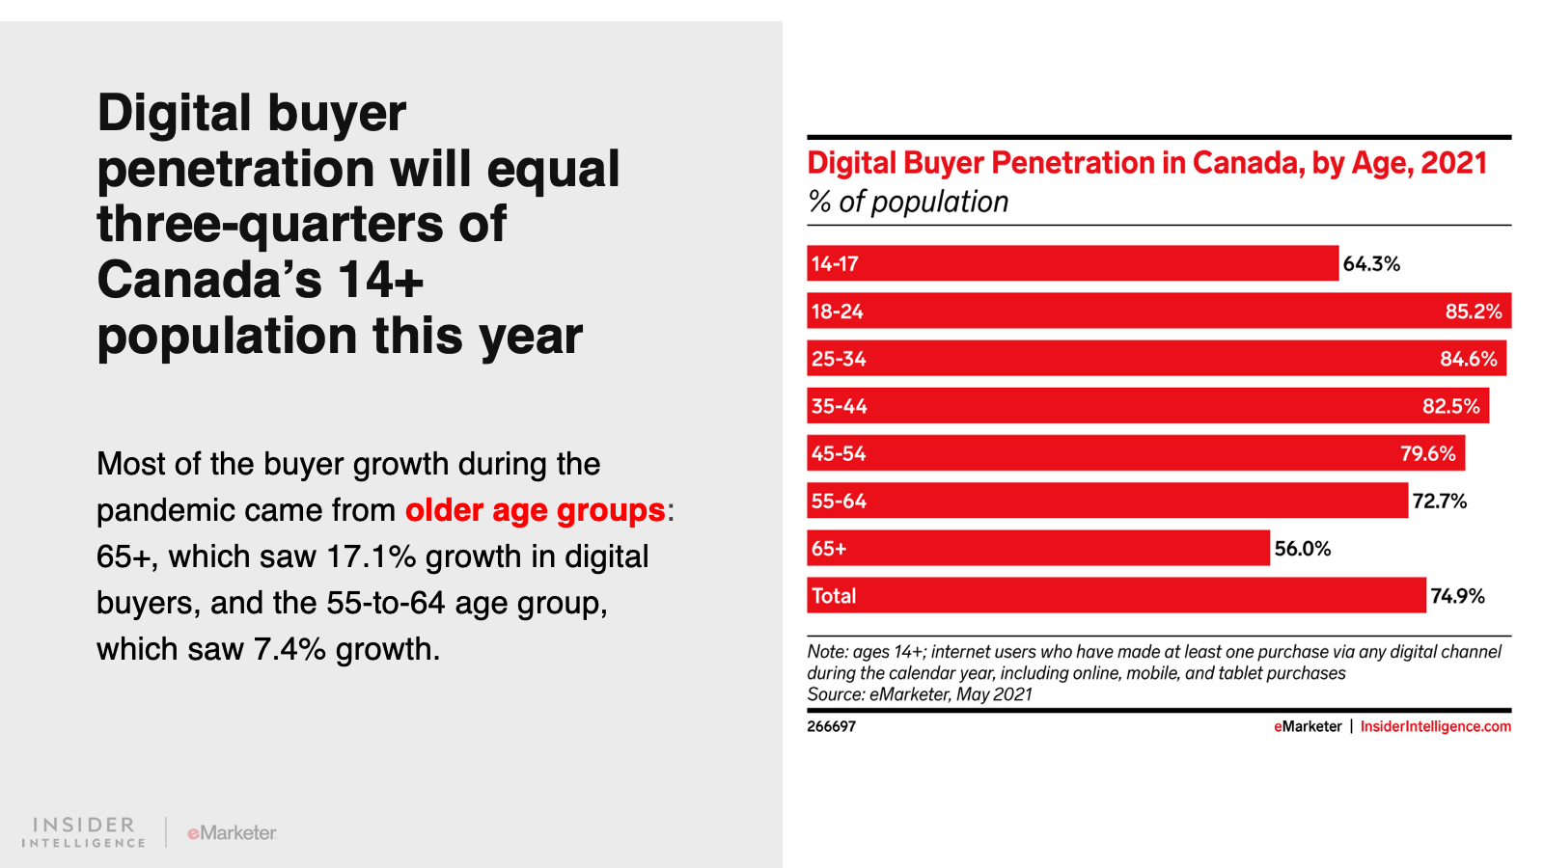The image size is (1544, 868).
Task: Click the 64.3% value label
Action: [x=1371, y=264]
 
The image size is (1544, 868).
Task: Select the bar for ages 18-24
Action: [x=1158, y=311]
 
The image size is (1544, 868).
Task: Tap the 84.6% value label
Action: [x=1468, y=359]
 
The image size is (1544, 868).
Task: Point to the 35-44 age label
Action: [x=839, y=406]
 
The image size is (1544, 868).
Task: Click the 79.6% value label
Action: [x=1427, y=453]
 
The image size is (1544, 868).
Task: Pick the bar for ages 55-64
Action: [x=1107, y=501]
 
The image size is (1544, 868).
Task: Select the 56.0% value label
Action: [x=1302, y=549]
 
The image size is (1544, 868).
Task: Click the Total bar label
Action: [x=834, y=596]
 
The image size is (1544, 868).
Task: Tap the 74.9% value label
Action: [x=1457, y=596]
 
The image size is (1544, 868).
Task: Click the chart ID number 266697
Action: [x=831, y=726]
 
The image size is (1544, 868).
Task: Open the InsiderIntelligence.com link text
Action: [x=1435, y=726]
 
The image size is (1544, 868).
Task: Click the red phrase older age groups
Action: [x=535, y=510]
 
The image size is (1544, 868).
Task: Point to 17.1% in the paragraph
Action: [x=372, y=556]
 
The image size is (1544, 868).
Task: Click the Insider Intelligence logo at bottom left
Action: [x=83, y=832]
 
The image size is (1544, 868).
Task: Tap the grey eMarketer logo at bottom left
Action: [x=232, y=832]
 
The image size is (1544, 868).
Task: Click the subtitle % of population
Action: [x=908, y=202]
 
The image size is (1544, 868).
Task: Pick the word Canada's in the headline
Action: [x=209, y=280]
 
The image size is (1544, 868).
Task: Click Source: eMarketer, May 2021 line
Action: [x=920, y=694]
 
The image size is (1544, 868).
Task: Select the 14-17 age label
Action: [x=835, y=264]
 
